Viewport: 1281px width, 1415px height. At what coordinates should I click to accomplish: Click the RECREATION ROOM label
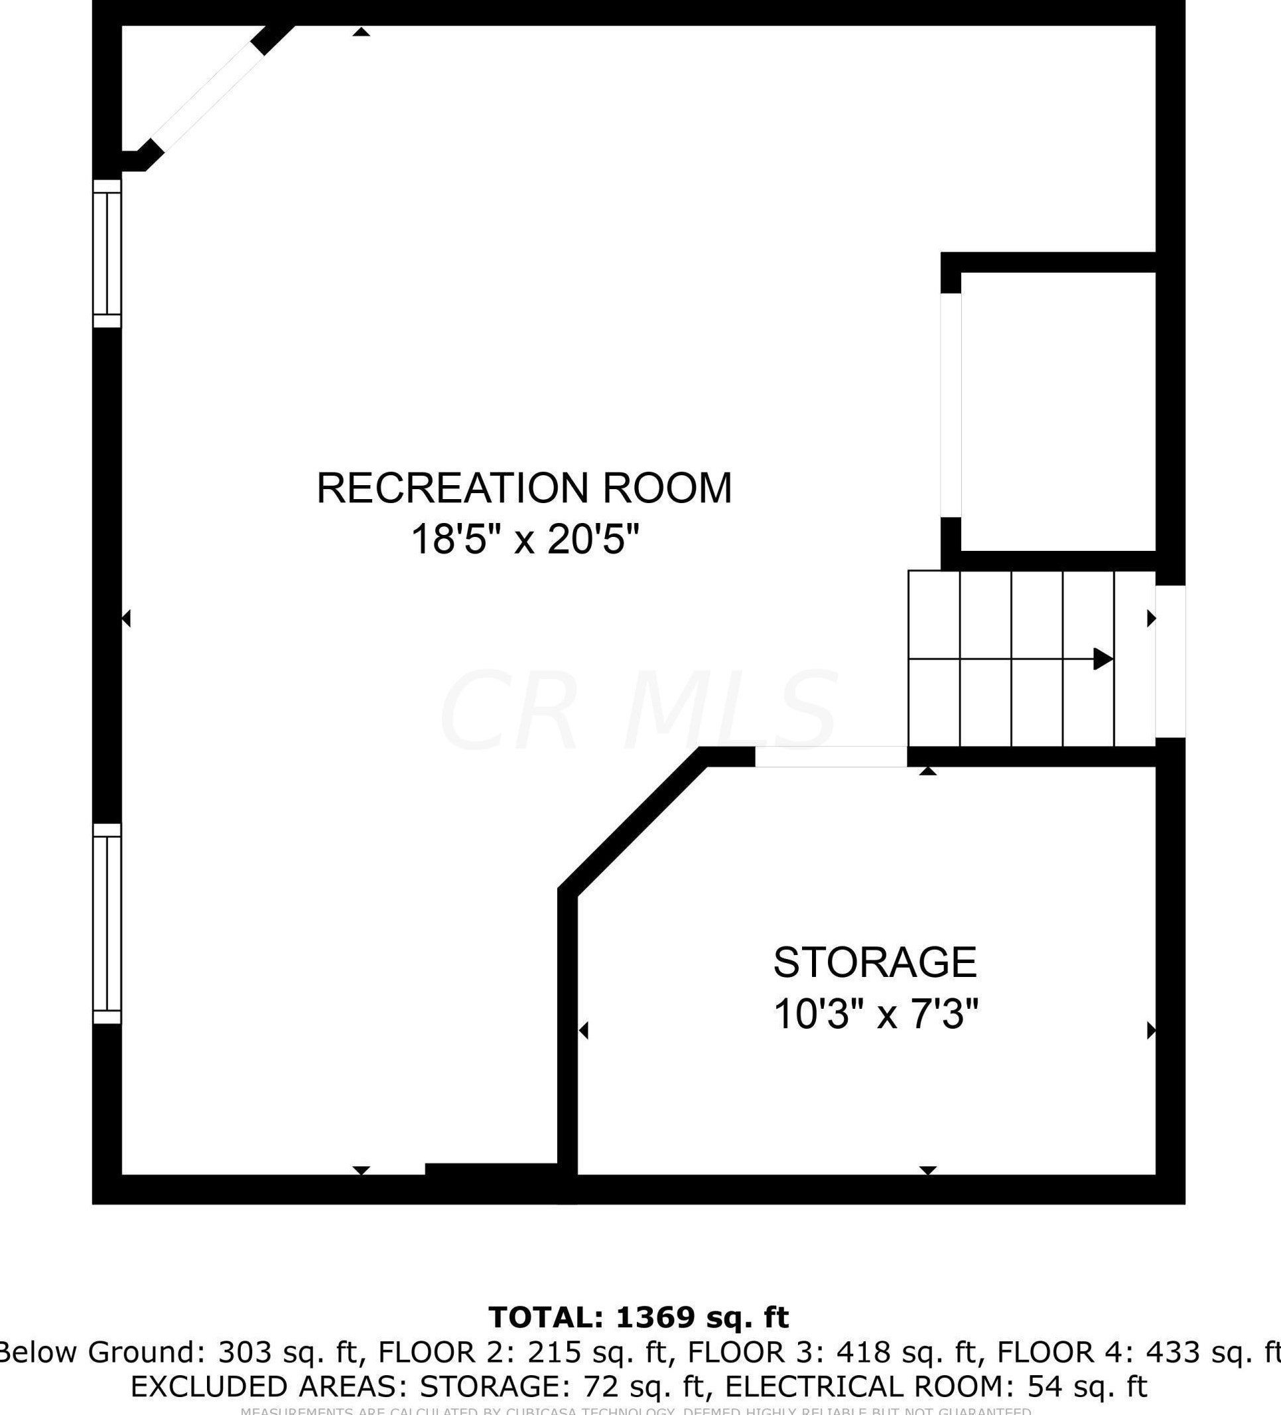coord(524,488)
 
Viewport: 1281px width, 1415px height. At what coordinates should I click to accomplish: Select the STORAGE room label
coord(875,962)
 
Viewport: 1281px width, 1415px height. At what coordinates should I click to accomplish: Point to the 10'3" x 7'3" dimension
coord(876,1014)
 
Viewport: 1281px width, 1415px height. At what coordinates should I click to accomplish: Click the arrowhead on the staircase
coord(1103,659)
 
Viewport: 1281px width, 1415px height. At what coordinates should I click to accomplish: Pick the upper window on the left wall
coord(107,254)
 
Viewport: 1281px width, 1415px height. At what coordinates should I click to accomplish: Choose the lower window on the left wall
coord(107,924)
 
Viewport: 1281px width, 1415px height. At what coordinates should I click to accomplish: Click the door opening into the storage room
coord(831,757)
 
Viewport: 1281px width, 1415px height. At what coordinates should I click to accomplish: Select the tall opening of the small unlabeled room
coord(951,406)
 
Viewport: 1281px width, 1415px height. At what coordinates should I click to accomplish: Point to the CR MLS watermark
coord(638,710)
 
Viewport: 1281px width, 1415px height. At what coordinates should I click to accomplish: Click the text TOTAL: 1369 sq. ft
coord(639,1317)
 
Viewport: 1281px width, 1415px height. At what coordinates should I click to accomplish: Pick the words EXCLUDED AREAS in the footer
coord(270,1386)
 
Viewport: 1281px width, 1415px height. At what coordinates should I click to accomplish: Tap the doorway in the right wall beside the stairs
coord(1171,661)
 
